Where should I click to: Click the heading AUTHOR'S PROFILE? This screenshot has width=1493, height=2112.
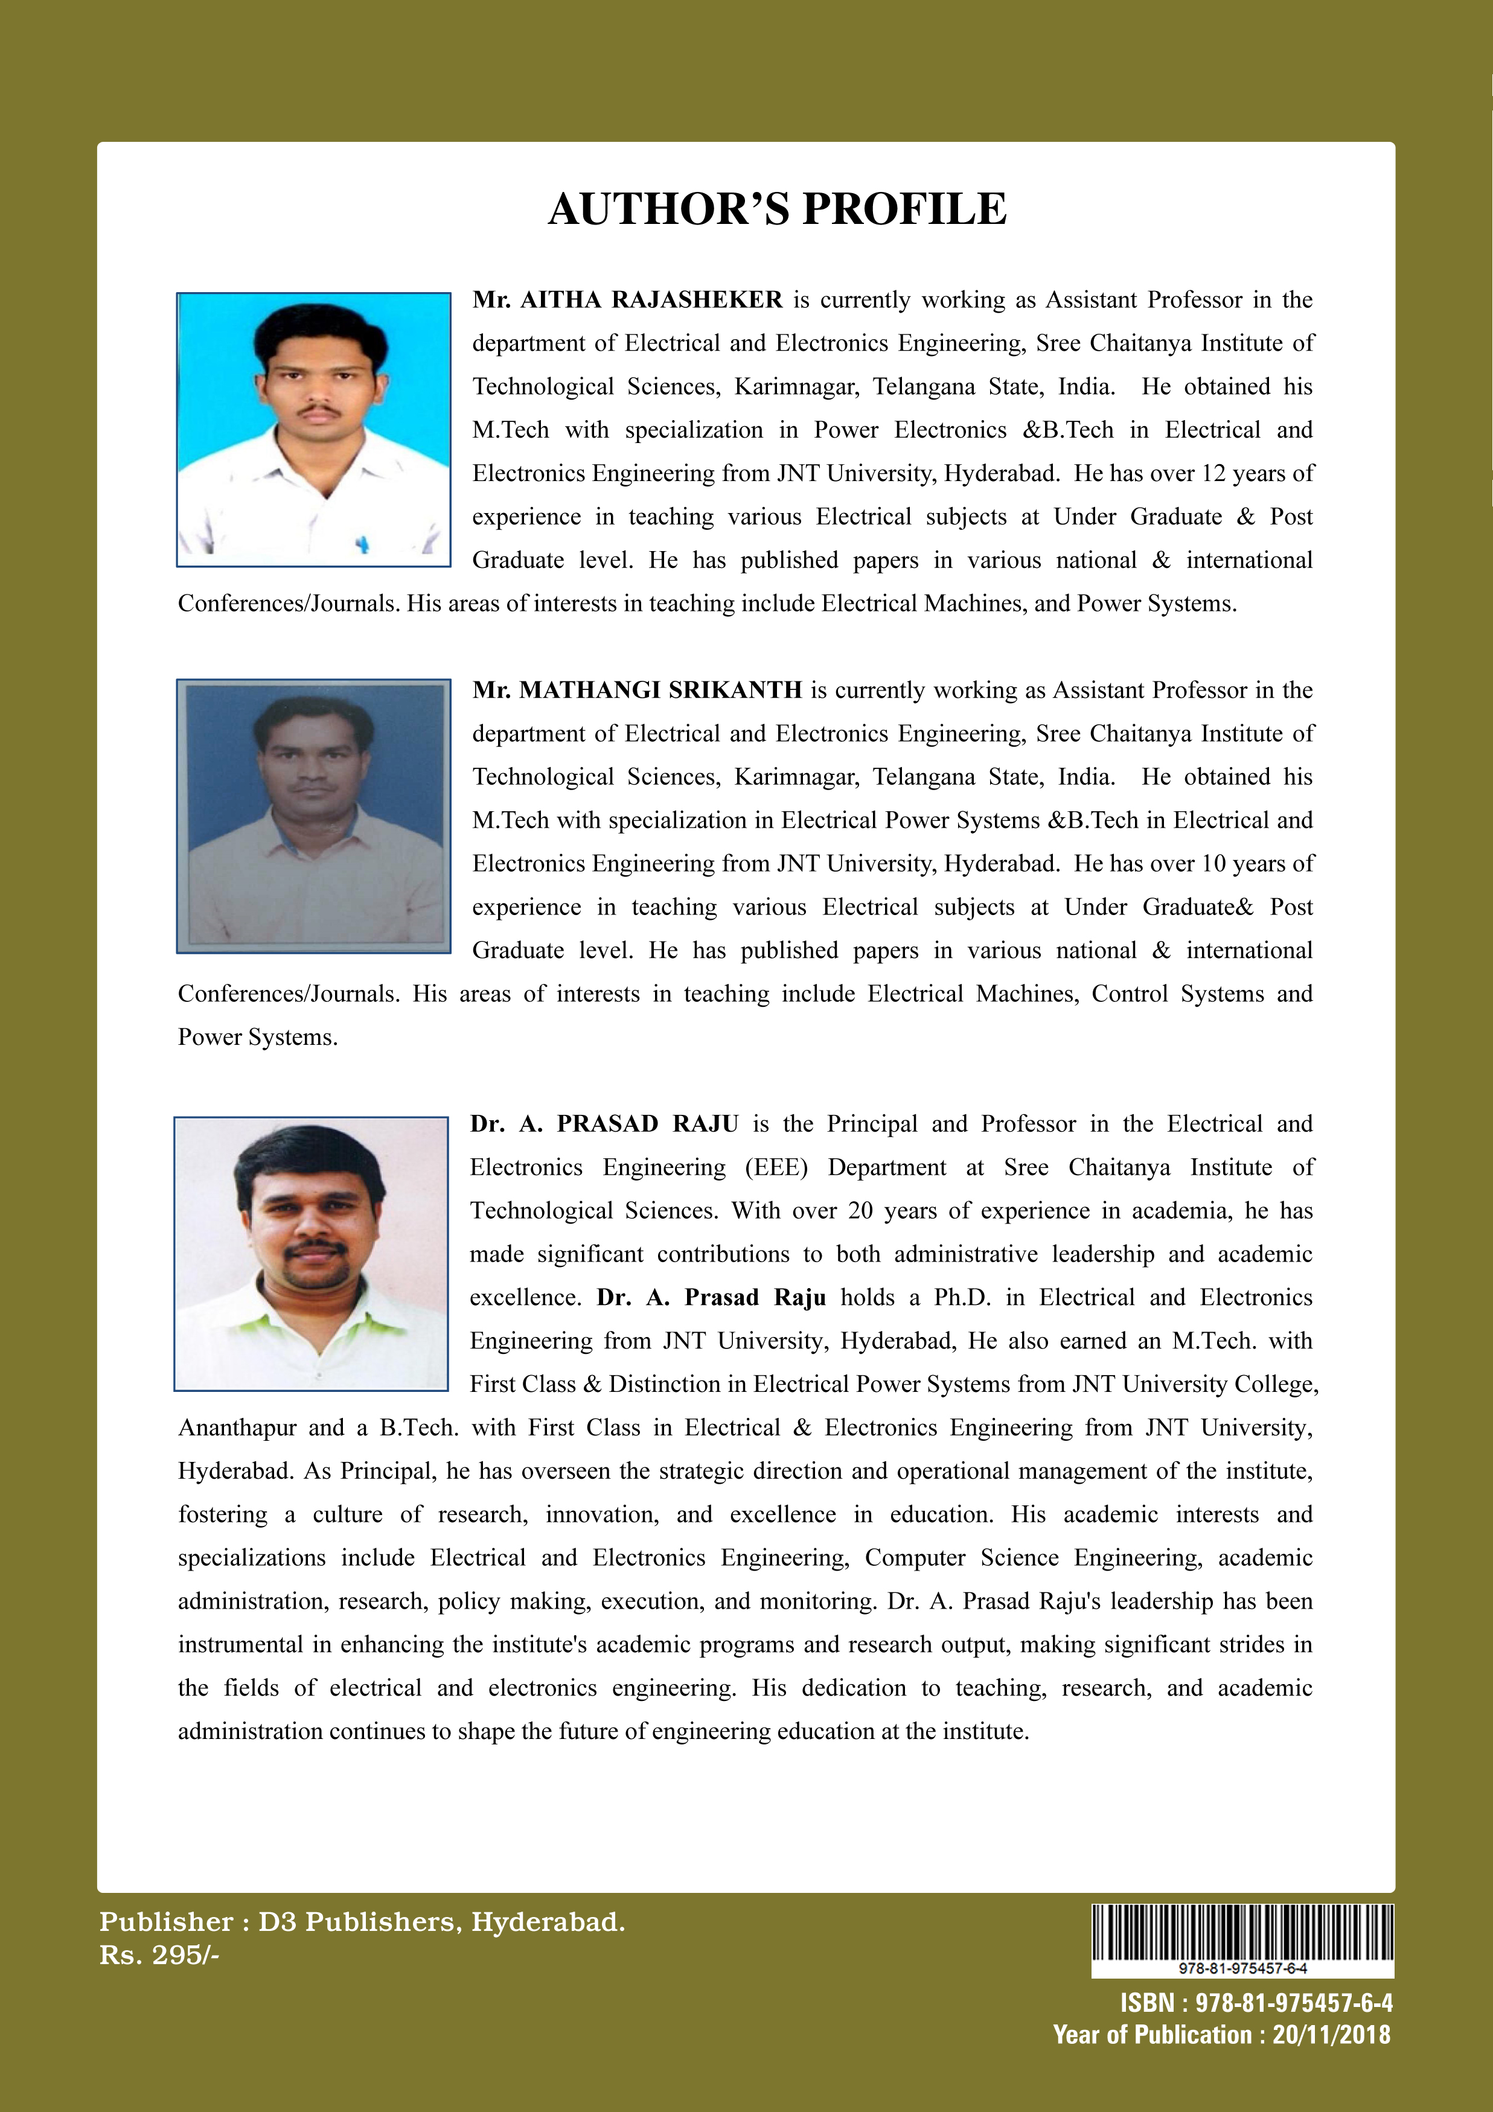click(778, 209)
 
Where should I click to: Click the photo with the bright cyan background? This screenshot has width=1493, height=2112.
click(314, 430)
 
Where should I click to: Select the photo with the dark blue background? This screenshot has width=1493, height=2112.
click(314, 816)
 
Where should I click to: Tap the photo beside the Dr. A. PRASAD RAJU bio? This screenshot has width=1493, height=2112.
click(311, 1253)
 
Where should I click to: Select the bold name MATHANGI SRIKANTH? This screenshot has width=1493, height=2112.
click(660, 690)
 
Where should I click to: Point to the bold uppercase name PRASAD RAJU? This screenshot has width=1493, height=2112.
click(647, 1124)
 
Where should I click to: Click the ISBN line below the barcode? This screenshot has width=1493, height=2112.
click(1256, 2003)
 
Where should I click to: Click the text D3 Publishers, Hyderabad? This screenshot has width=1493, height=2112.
click(441, 1922)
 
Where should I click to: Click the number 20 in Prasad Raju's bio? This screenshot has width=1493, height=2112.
click(860, 1211)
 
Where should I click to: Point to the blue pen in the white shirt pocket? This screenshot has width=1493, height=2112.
click(362, 544)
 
